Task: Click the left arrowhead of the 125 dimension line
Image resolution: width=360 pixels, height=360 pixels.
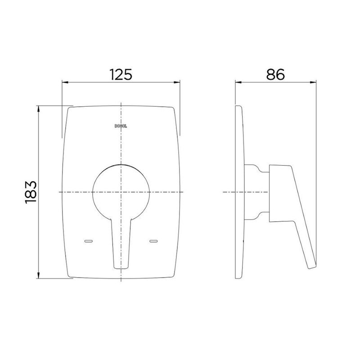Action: pos(63,82)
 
